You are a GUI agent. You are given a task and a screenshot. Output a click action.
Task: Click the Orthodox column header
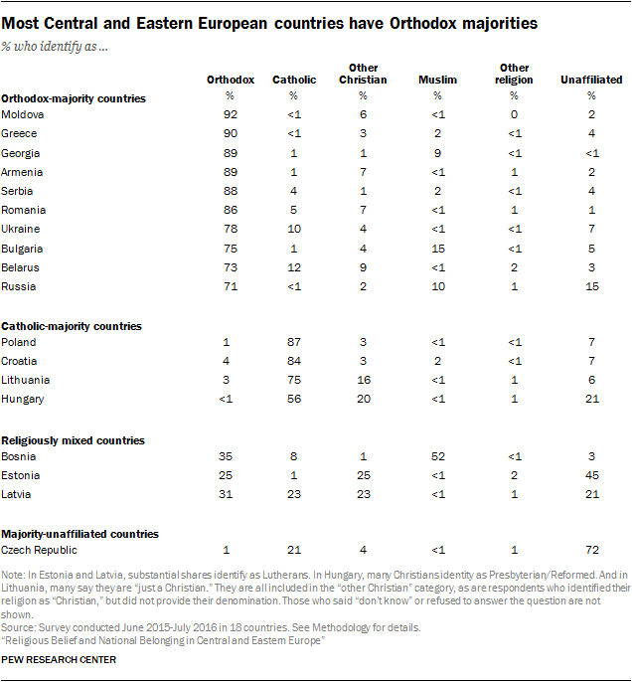(x=231, y=79)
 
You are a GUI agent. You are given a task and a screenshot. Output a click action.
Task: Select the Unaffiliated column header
(x=591, y=79)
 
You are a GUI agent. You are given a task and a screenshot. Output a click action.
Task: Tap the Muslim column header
(x=437, y=79)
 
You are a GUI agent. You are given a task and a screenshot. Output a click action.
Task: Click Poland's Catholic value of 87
(x=293, y=342)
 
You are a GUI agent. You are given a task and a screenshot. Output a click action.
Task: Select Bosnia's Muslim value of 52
(x=437, y=455)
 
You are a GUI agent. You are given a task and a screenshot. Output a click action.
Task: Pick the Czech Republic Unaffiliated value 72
(x=591, y=550)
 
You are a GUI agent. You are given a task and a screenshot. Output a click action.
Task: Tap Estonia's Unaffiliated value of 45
(x=591, y=474)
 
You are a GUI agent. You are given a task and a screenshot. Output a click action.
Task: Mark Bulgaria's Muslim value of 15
(x=437, y=248)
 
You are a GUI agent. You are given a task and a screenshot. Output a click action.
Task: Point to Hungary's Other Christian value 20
(x=363, y=399)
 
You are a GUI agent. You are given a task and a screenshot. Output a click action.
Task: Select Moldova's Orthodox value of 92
(x=231, y=115)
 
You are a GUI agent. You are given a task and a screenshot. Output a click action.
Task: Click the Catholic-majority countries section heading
(x=72, y=326)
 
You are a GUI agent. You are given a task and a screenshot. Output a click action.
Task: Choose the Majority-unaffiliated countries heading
(x=80, y=534)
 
